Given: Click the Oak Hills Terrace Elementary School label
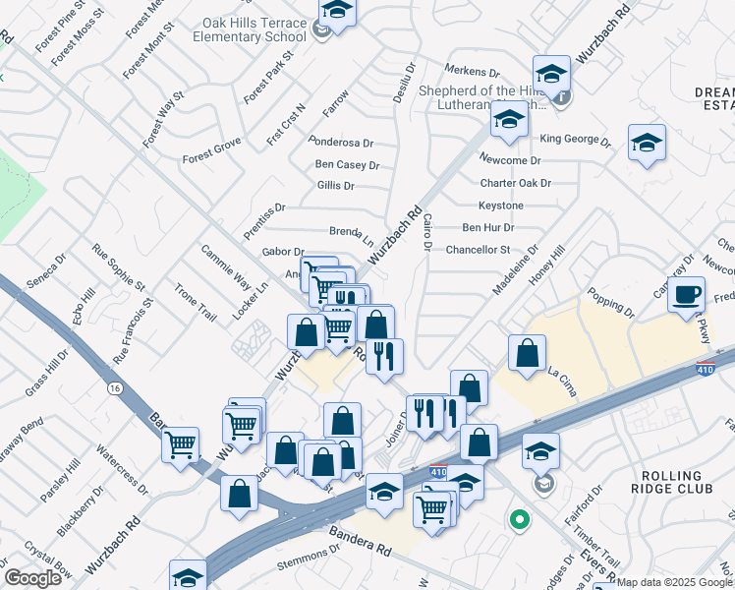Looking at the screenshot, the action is (254, 29).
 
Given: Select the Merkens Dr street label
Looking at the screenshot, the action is (474, 70).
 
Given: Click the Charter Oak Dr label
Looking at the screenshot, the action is (516, 183).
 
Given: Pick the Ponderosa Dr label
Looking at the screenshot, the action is (341, 143).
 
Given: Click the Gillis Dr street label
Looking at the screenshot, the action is (335, 186).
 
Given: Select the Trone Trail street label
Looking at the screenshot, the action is (195, 303).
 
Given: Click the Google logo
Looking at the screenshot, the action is (32, 577).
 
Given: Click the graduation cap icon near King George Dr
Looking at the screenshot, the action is (647, 143).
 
